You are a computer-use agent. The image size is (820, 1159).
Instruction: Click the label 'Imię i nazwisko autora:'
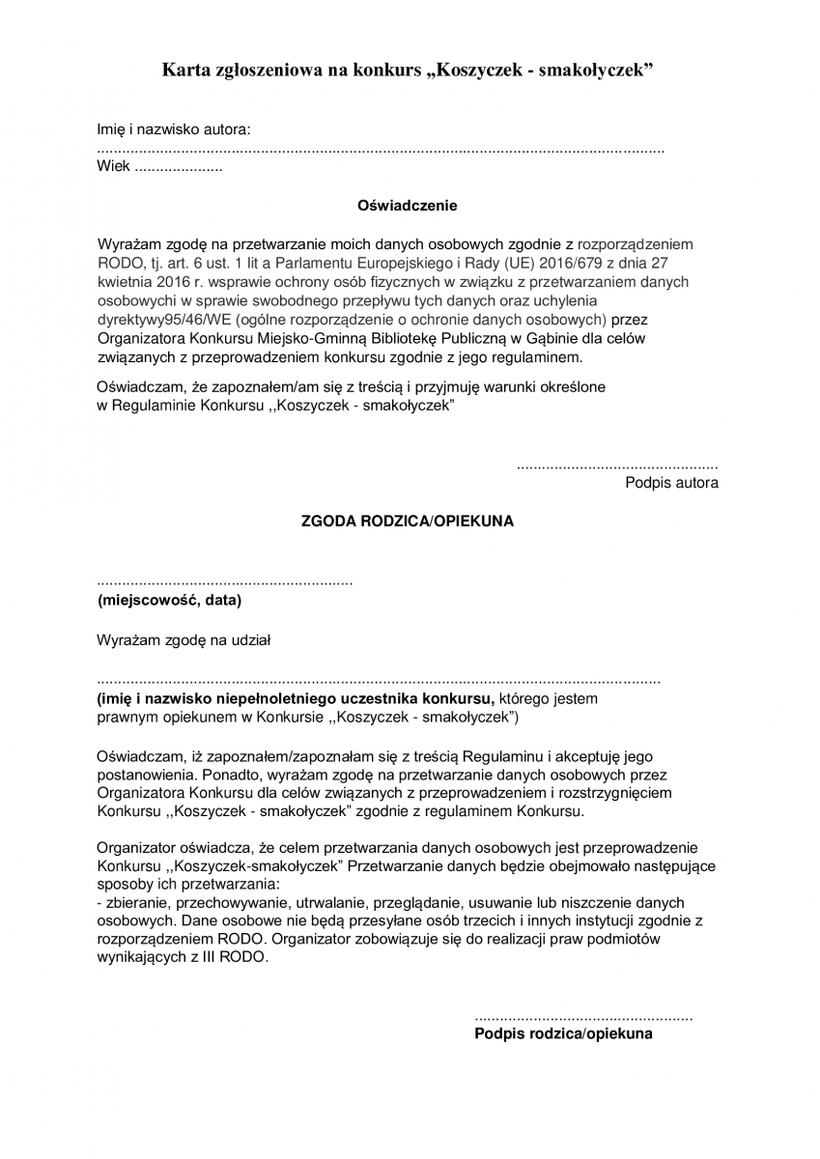[x=174, y=129]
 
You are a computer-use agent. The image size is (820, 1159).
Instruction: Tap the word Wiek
[x=113, y=166]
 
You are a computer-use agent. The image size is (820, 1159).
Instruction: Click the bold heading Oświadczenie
[x=408, y=206]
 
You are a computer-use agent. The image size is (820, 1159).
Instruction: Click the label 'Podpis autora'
[x=671, y=483]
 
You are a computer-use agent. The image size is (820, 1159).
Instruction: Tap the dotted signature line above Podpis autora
[x=617, y=466]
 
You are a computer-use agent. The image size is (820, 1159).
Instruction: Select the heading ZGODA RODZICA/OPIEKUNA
[x=408, y=521]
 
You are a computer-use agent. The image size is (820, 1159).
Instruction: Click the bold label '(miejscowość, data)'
[x=169, y=601]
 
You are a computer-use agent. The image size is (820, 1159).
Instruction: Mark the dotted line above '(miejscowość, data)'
[x=225, y=583]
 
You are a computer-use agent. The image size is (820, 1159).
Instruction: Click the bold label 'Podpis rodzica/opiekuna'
[x=563, y=1033]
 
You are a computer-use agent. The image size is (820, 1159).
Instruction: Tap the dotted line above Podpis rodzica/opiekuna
[x=583, y=1017]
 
